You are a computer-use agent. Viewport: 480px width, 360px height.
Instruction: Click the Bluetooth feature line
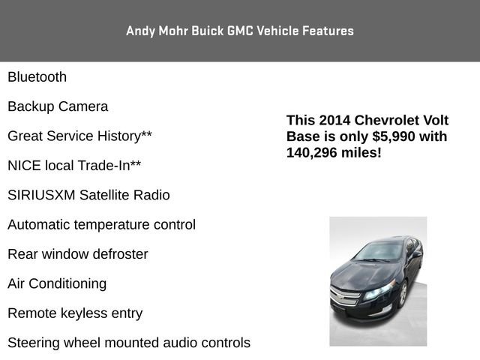[x=37, y=77]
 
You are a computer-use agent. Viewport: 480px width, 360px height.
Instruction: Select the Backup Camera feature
[x=58, y=106]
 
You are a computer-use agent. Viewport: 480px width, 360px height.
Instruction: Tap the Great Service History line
[x=79, y=136]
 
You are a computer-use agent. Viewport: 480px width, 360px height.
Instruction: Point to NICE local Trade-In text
[x=74, y=166]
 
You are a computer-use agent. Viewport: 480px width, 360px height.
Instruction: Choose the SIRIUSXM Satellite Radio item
[x=88, y=195]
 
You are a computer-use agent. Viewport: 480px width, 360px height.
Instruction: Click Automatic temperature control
[x=101, y=225]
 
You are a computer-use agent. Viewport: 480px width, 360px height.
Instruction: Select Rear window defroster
[x=77, y=254]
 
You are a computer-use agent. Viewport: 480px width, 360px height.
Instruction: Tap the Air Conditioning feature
[x=57, y=283]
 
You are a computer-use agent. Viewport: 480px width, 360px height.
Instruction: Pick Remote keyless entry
[x=75, y=313]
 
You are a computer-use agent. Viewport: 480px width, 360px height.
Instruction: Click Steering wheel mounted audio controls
[x=129, y=343]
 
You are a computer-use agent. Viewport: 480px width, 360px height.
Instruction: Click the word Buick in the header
[x=192, y=31]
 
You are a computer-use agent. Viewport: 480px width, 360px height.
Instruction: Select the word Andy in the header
[x=139, y=31]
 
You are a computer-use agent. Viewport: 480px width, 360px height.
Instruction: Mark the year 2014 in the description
[x=334, y=121]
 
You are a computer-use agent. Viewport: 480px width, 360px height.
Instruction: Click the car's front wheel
[x=403, y=293]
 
